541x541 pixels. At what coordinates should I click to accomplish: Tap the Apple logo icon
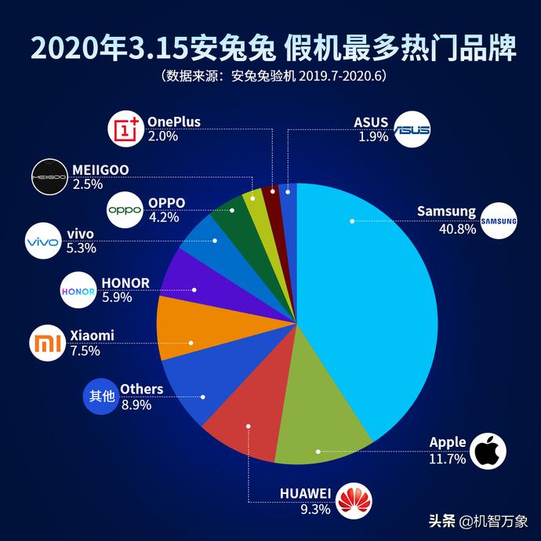click(488, 451)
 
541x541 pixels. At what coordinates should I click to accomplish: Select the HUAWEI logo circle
click(356, 500)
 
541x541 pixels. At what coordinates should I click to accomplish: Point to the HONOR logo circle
click(78, 291)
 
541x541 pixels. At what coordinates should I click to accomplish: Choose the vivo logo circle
click(42, 241)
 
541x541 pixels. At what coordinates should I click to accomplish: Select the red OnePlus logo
click(125, 129)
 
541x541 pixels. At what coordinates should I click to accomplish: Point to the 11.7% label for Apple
click(448, 459)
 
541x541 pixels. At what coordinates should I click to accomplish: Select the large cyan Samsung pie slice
click(369, 298)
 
